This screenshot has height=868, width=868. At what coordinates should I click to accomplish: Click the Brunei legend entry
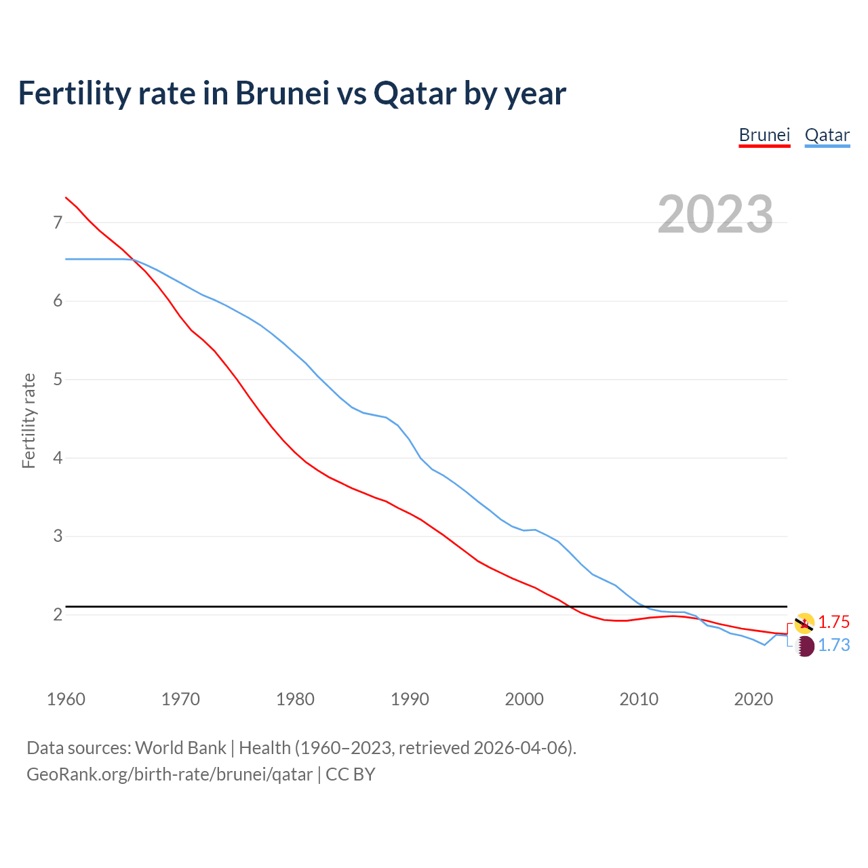pyautogui.click(x=764, y=135)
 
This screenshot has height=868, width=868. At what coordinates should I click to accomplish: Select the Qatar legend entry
pyautogui.click(x=827, y=135)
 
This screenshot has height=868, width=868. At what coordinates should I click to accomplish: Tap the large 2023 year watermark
pyautogui.click(x=715, y=214)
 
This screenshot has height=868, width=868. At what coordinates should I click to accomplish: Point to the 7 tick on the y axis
pyautogui.click(x=58, y=222)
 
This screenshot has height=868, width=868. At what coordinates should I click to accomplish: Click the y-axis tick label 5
pyautogui.click(x=58, y=379)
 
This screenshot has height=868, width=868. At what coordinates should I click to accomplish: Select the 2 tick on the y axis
pyautogui.click(x=58, y=614)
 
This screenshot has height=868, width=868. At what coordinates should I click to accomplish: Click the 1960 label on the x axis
pyautogui.click(x=66, y=699)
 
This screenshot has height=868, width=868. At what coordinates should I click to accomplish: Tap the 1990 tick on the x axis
pyautogui.click(x=410, y=699)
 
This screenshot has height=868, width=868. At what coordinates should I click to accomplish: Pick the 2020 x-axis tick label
pyautogui.click(x=753, y=699)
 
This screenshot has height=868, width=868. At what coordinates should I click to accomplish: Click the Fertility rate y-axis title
pyautogui.click(x=28, y=420)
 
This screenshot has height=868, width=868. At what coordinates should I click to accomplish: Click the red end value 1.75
pyautogui.click(x=833, y=622)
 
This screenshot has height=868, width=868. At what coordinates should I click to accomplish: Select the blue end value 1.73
pyautogui.click(x=833, y=645)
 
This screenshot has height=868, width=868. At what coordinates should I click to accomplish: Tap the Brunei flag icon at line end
pyautogui.click(x=804, y=623)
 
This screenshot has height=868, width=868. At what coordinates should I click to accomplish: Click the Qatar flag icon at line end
pyautogui.click(x=804, y=646)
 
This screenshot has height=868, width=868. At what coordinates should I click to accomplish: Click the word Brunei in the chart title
pyautogui.click(x=282, y=94)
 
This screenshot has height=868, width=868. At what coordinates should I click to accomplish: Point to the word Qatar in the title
pyautogui.click(x=415, y=94)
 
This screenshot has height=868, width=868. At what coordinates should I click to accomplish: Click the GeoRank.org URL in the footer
pyautogui.click(x=170, y=774)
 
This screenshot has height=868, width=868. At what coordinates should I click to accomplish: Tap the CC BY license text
pyautogui.click(x=351, y=774)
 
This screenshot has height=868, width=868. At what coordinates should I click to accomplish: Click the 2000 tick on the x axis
pyautogui.click(x=524, y=699)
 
